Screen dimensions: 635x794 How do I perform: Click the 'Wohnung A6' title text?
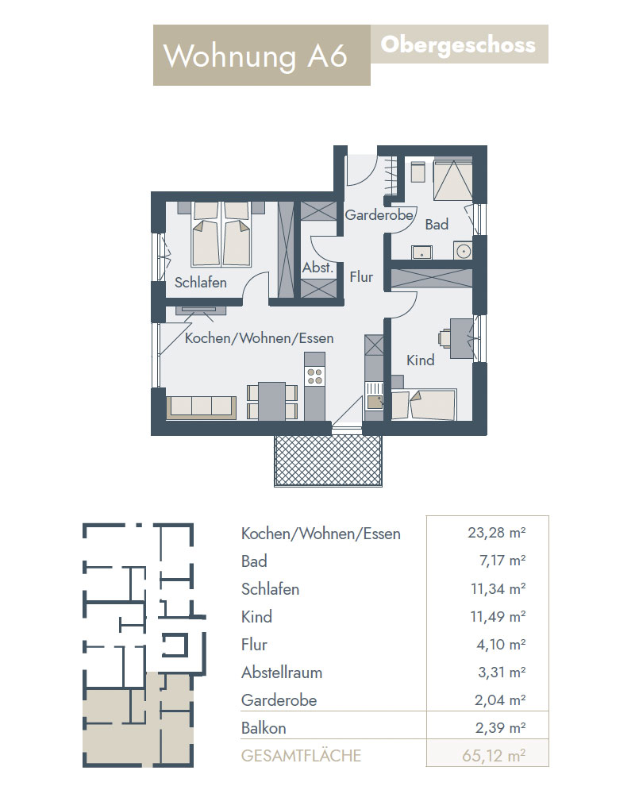click(256, 56)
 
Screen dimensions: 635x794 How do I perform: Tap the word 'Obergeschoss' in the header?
click(458, 45)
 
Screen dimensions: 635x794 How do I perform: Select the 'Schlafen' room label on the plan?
click(201, 282)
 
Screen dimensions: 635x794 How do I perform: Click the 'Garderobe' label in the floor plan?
click(379, 215)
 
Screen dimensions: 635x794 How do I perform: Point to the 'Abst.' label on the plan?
click(317, 267)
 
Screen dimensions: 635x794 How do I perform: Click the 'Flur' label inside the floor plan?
click(361, 277)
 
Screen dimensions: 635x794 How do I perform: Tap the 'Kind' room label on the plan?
click(421, 360)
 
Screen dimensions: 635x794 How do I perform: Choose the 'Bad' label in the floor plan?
click(437, 225)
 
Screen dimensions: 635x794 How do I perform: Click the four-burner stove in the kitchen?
click(314, 376)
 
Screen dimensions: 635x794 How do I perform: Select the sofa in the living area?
click(201, 407)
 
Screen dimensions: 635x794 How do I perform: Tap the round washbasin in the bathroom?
click(463, 251)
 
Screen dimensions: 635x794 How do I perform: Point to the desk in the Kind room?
click(461, 338)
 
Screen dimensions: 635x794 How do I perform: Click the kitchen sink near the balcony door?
click(375, 402)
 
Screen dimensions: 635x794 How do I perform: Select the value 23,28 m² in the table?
click(497, 533)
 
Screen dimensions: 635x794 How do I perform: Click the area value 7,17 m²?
click(502, 561)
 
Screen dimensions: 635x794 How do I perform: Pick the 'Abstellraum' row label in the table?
click(282, 673)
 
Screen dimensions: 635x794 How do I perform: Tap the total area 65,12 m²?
click(494, 756)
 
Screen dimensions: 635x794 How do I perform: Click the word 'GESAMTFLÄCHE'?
click(302, 756)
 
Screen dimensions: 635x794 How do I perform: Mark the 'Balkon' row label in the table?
click(264, 727)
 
